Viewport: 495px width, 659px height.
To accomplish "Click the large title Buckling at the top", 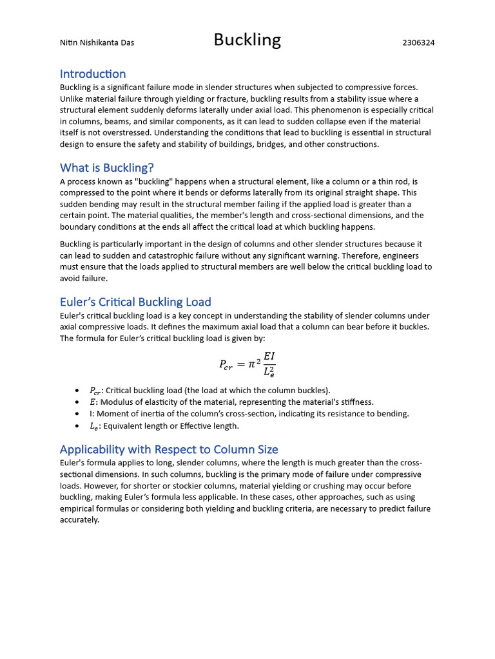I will (x=247, y=41).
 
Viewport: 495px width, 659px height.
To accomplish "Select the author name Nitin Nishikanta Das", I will (x=97, y=43).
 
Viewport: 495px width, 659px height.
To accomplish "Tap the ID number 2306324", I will (x=418, y=43).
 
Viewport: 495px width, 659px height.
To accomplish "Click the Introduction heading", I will (x=93, y=74).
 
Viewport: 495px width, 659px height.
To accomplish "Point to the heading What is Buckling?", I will (x=107, y=168).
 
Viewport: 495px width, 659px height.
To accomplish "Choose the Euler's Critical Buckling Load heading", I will (x=135, y=302).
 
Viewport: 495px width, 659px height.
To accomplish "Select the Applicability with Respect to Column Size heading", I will (x=169, y=449).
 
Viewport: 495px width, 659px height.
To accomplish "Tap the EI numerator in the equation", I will (x=269, y=356).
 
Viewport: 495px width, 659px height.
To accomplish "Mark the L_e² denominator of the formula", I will (x=269, y=372).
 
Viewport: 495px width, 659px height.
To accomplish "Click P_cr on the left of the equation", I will (x=226, y=364).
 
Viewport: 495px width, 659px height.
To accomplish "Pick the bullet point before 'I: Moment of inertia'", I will (x=77, y=414).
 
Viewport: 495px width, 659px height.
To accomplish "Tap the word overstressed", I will (x=130, y=133).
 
